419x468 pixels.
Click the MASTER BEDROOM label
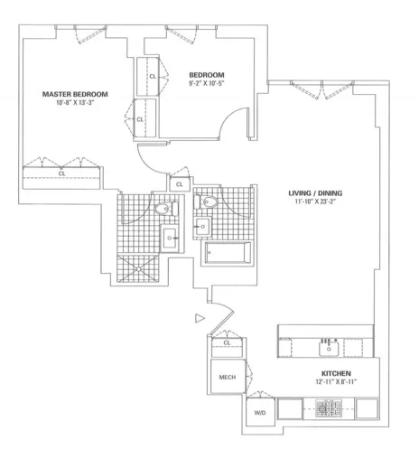(76, 94)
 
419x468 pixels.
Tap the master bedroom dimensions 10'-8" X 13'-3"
(76, 103)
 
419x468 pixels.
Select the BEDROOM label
(207, 74)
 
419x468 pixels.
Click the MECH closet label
(227, 378)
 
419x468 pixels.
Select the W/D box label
(260, 412)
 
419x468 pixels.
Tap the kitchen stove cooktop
(328, 409)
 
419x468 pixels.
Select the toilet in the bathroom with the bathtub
(208, 202)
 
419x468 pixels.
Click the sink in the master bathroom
(169, 239)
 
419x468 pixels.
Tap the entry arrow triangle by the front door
(200, 316)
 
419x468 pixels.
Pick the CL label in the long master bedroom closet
(61, 173)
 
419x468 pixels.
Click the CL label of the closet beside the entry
(227, 343)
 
